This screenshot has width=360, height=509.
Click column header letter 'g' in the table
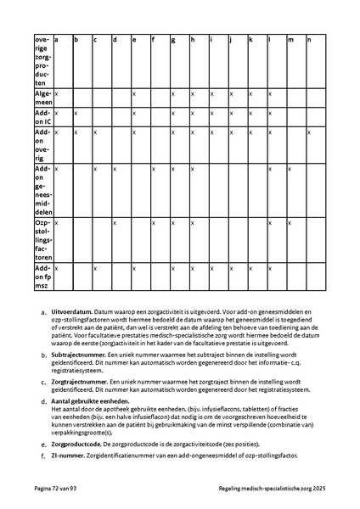point(173,39)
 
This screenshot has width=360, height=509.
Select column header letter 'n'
point(309,39)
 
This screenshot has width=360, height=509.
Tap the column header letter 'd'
point(115,39)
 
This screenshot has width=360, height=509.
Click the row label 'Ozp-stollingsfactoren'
point(42,239)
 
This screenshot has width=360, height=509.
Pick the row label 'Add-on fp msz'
point(42,273)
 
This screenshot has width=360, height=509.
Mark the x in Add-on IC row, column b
point(76,112)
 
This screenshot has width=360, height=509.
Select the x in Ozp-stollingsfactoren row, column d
point(115,222)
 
